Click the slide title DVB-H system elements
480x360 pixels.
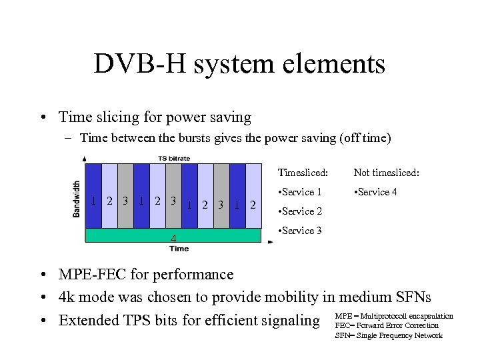[x=239, y=64]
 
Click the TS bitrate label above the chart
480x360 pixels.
[x=174, y=158]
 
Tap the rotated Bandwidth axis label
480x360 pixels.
[x=77, y=198]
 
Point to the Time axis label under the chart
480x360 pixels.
[x=179, y=249]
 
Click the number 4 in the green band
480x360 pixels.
[x=173, y=237]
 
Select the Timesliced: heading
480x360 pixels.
[x=303, y=173]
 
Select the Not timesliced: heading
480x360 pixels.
[x=386, y=173]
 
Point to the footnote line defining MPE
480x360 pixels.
[x=393, y=315]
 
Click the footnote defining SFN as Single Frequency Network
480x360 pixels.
[x=388, y=335]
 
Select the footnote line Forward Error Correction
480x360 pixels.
[x=387, y=325]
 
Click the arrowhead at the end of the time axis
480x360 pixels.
[x=270, y=242]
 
